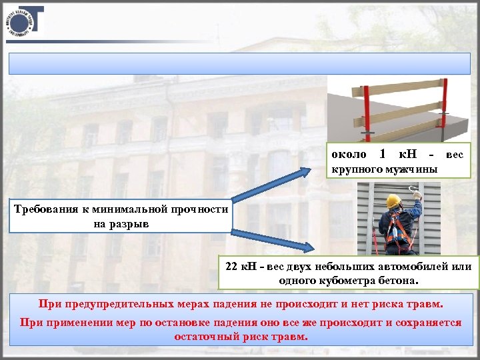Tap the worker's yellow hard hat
pos(393,201)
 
